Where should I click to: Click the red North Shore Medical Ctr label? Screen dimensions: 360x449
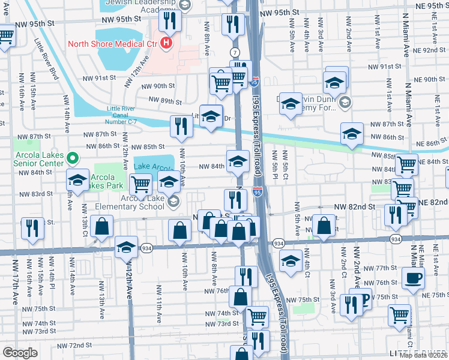pos(111,43)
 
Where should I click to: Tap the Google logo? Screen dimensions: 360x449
pos(20,352)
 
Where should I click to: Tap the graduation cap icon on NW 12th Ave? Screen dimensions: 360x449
pos(126,247)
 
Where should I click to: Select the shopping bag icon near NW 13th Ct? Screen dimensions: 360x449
pos(103,226)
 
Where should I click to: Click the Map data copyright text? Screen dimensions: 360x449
pos(424,355)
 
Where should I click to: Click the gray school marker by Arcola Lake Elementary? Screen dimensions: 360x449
pos(173,202)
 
